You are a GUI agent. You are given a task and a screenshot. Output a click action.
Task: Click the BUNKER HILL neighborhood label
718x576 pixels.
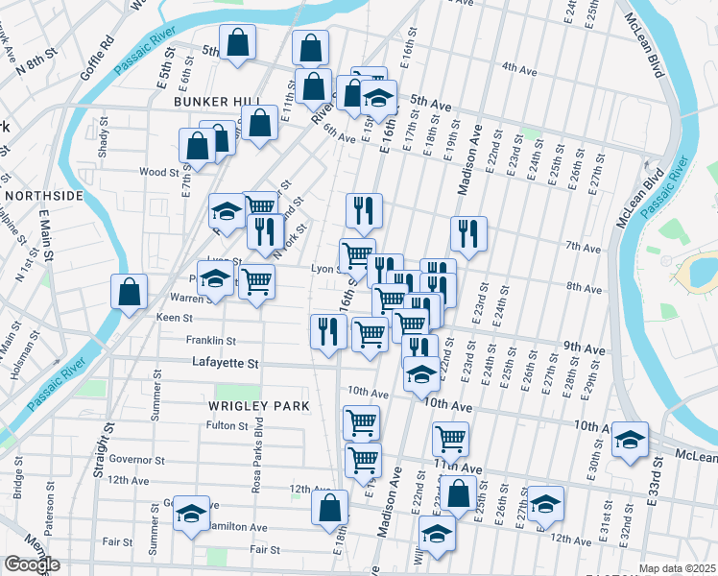click(x=217, y=101)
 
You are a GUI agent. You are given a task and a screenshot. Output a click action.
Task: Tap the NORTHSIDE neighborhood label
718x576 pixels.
click(x=44, y=195)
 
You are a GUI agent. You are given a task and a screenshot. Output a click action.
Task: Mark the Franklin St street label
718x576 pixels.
click(x=211, y=340)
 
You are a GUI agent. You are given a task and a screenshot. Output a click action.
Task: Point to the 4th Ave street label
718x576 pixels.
click(x=517, y=68)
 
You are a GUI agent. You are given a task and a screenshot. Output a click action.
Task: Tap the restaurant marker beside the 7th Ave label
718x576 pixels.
click(x=468, y=233)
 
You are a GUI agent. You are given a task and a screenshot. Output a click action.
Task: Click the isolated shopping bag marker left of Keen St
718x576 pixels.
click(x=130, y=292)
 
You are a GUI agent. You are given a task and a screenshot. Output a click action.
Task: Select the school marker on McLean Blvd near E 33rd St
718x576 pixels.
click(x=630, y=441)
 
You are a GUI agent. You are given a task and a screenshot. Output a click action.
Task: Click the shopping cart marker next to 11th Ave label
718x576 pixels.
click(x=450, y=439)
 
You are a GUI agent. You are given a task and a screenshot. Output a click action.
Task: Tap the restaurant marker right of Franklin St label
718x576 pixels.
click(x=328, y=331)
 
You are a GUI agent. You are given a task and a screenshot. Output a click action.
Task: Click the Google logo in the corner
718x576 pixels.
click(x=33, y=564)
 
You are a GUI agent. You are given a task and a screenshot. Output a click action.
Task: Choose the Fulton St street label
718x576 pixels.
click(x=227, y=425)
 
